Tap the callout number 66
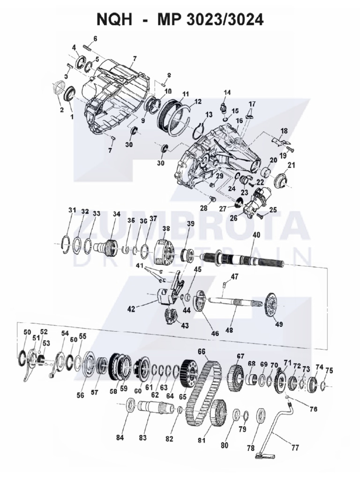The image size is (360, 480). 202,351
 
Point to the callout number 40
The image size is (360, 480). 256,235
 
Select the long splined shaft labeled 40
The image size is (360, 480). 244,259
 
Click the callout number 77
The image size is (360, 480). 295,448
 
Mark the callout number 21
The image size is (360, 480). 291,165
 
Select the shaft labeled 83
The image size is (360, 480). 150,406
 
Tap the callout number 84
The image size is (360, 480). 121,438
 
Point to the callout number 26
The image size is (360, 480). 233,217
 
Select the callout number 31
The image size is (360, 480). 72,210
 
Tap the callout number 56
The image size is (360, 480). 80,395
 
